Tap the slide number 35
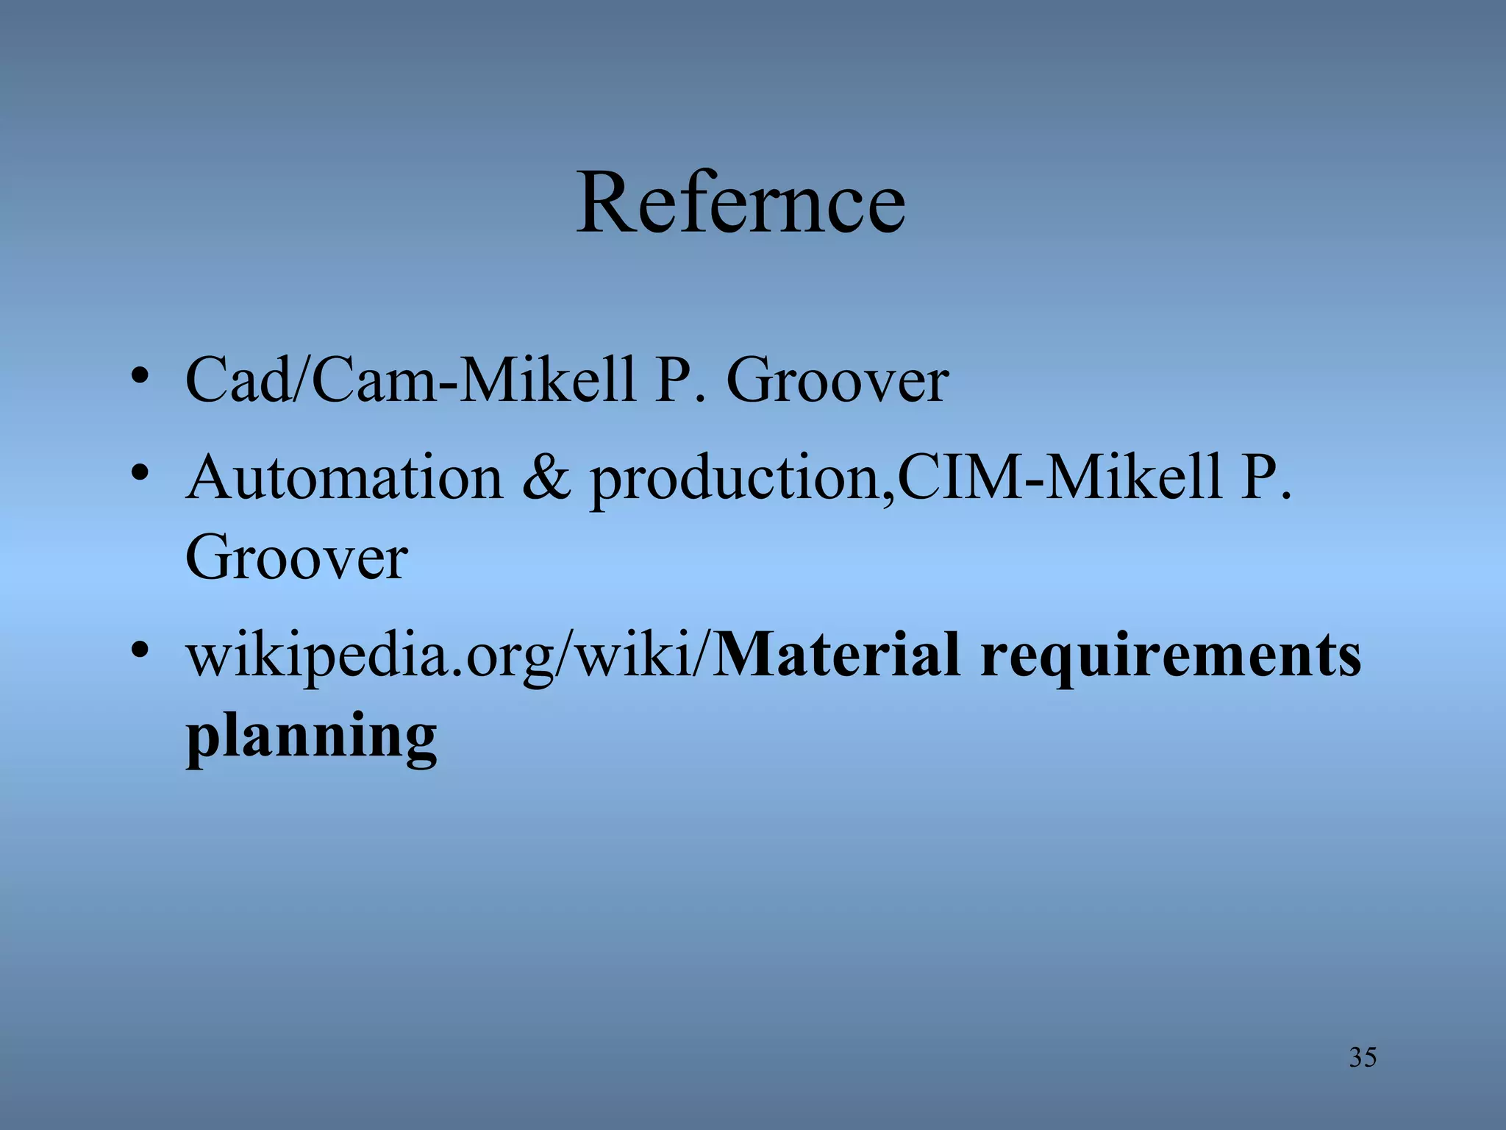click(x=1362, y=1057)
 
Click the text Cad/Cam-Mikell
click(x=410, y=380)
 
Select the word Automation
click(x=344, y=478)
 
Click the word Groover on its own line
click(x=296, y=558)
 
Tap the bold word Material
click(x=837, y=655)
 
